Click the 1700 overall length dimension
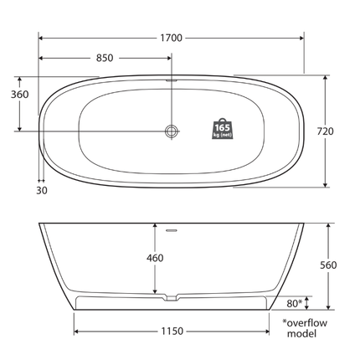(171, 38)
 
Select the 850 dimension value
(105, 58)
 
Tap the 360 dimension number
(18, 95)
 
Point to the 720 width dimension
(326, 131)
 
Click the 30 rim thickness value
(42, 190)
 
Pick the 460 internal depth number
(155, 259)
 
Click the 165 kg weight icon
(222, 128)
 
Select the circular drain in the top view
(172, 131)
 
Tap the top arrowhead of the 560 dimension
(329, 226)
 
